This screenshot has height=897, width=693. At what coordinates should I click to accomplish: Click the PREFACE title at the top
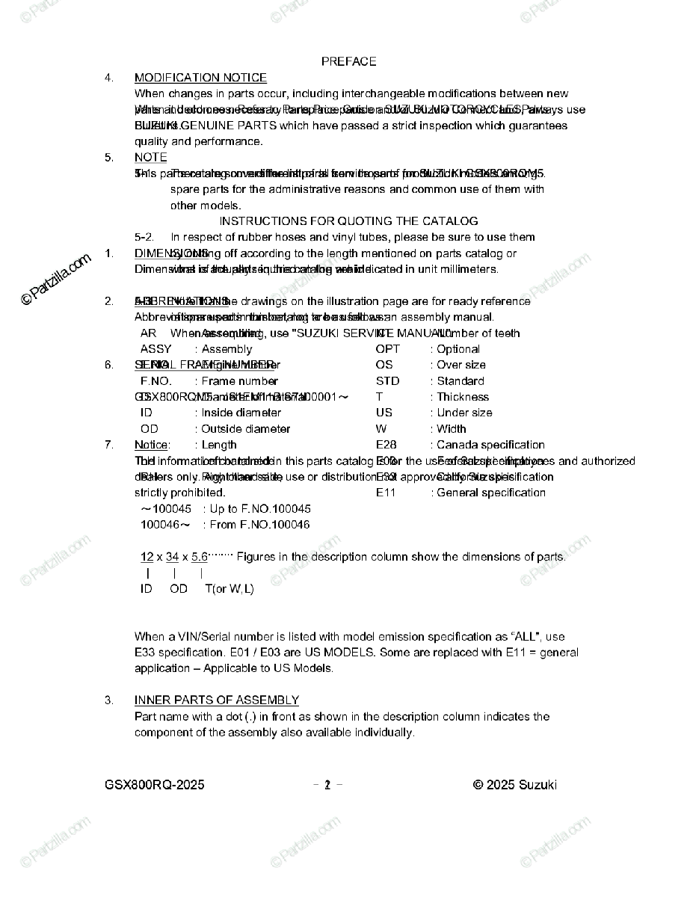coord(348,61)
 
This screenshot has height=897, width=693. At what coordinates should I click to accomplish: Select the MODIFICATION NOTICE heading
coord(200,78)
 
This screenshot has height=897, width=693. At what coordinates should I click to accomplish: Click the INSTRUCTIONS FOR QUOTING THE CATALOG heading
coord(348,221)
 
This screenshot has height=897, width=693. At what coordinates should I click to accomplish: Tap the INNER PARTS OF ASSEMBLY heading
coord(217,700)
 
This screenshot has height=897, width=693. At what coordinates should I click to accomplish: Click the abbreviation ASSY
coord(155,349)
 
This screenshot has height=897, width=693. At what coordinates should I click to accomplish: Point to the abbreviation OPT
coord(387,349)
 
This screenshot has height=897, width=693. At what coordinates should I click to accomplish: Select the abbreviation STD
coord(387,381)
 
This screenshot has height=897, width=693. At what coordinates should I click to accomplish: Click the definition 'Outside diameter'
coord(246,429)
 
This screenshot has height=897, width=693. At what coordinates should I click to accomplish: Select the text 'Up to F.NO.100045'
coord(260,509)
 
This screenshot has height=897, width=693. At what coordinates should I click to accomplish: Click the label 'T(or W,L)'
coord(230,589)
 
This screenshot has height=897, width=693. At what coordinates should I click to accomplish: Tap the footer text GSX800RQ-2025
coord(155,785)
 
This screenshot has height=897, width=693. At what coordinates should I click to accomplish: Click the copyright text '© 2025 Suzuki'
coord(514,785)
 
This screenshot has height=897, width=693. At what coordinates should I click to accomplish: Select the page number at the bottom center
coord(327,785)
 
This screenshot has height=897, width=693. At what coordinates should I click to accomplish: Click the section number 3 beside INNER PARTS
coord(109,700)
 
